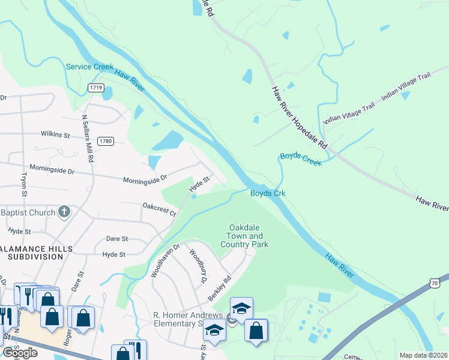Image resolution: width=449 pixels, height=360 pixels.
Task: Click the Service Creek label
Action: click(x=89, y=67)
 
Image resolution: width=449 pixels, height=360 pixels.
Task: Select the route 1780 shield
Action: click(x=106, y=141)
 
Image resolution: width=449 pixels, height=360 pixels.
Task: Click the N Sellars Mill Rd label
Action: click(x=88, y=139)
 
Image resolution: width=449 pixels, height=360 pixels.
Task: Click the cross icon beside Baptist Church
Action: click(x=65, y=212)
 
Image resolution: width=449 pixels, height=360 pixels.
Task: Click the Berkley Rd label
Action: click(x=220, y=289)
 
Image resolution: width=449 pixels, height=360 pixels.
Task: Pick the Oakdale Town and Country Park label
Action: click(x=244, y=236)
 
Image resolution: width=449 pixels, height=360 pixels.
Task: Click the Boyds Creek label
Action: click(x=300, y=159)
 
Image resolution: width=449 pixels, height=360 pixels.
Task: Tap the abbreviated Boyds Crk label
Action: click(x=267, y=193)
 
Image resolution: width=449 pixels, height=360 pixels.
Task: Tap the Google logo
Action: click(x=19, y=353)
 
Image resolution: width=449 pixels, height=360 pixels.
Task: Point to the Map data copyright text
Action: click(x=423, y=355)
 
